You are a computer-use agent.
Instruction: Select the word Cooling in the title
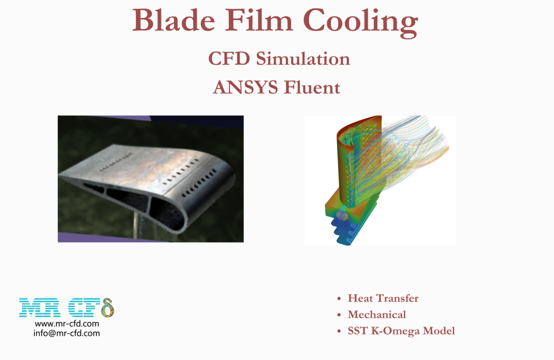tap(360, 22)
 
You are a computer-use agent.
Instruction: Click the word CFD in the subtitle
tap(229, 58)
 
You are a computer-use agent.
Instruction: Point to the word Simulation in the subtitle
tap(303, 58)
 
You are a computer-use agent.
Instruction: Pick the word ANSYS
tap(245, 87)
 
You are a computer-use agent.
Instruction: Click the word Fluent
tap(312, 87)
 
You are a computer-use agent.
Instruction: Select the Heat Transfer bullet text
tap(383, 298)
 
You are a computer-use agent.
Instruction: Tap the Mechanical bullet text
tap(377, 315)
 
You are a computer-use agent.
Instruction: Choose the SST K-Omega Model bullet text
tap(401, 331)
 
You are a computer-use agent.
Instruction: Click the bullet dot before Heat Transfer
tap(339, 299)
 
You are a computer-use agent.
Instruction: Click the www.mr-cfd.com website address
tap(67, 324)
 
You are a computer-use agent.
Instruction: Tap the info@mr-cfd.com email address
tap(67, 333)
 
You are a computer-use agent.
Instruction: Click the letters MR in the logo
tap(40, 308)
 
